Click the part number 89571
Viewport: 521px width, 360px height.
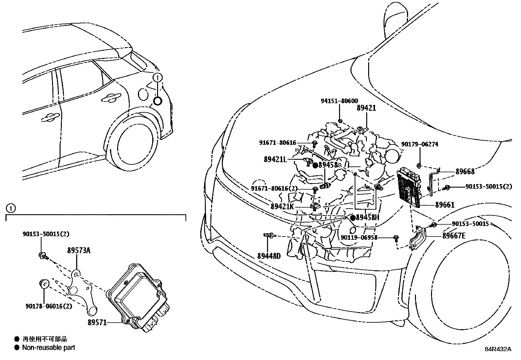coord(97,322)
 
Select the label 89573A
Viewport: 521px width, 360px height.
coord(79,251)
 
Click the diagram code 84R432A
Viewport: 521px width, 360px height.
coord(498,349)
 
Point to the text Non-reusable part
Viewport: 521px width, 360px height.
coord(48,348)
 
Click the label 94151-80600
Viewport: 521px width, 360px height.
coord(339,101)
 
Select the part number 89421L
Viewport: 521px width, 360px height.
coord(275,160)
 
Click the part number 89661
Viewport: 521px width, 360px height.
coord(445,205)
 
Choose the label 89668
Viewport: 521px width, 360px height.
coord(465,172)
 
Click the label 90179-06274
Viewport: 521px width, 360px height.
coord(420,144)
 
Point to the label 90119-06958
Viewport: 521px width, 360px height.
coord(359,237)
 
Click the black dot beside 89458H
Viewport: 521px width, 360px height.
coord(352,218)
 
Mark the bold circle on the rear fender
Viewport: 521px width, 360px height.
coord(157,101)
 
